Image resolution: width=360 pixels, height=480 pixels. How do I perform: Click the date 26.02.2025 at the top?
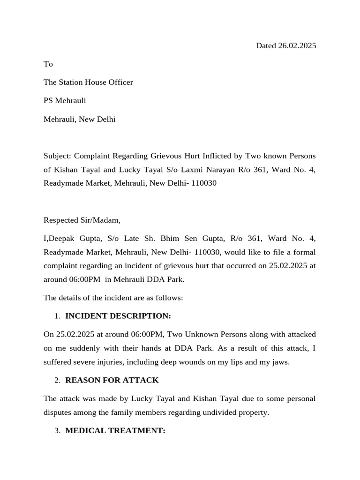pyautogui.click(x=297, y=45)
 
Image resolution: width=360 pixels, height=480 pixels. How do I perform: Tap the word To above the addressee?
pyautogui.click(x=48, y=64)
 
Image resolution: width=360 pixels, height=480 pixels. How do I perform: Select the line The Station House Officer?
pyautogui.click(x=88, y=82)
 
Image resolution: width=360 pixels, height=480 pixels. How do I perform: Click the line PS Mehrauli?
pyautogui.click(x=65, y=100)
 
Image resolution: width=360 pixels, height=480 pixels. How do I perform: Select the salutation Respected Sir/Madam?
pyautogui.click(x=82, y=220)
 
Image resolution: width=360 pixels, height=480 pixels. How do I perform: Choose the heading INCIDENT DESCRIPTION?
pyautogui.click(x=118, y=316)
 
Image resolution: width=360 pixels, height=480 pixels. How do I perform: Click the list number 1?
pyautogui.click(x=57, y=316)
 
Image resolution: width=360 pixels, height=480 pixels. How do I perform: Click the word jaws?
pyautogui.click(x=279, y=362)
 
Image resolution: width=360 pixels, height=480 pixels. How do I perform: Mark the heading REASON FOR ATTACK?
pyautogui.click(x=112, y=380)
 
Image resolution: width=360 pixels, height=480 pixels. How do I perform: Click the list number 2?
pyautogui.click(x=57, y=380)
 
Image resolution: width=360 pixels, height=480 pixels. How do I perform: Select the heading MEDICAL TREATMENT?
pyautogui.click(x=115, y=431)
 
